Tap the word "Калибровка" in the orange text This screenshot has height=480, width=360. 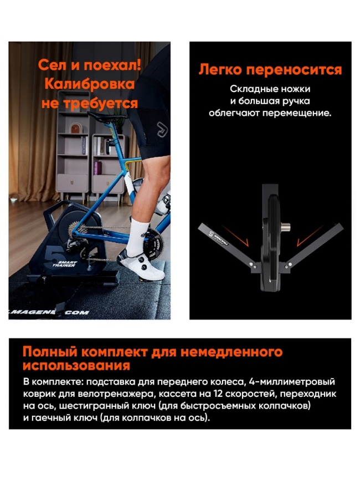[x=89, y=84]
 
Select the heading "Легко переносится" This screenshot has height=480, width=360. [x=270, y=70]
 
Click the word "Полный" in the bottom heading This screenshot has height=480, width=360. [x=46, y=352]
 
